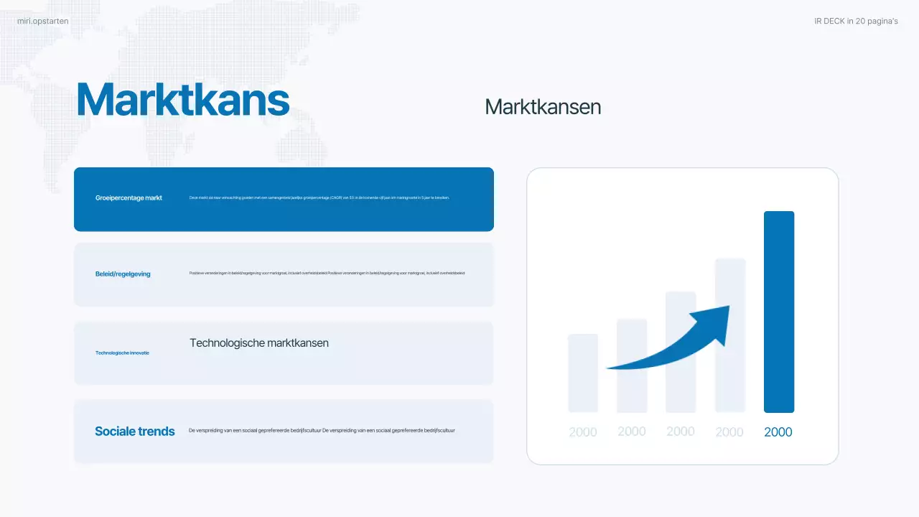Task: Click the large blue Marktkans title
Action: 183,100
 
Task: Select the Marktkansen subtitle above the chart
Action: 543,107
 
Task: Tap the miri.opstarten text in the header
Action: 43,22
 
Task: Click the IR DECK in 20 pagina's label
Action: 856,22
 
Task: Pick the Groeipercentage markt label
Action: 129,197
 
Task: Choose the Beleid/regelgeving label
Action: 123,274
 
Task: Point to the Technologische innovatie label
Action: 122,353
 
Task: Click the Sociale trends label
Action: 135,432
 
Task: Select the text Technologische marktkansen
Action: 259,343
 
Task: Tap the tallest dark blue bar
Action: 779,312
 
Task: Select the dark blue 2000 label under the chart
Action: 778,432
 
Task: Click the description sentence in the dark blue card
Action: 319,197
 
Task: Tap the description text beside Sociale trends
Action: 322,431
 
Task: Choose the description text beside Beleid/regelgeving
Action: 327,273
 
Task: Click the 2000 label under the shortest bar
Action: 583,432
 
